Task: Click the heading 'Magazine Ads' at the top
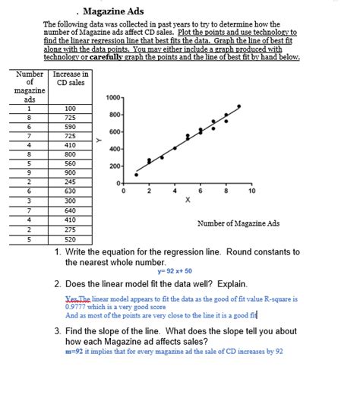[x=113, y=11]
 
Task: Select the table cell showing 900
[x=70, y=172]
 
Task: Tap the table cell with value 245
[x=70, y=182]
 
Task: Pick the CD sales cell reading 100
[x=70, y=109]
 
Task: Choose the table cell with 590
[x=70, y=126]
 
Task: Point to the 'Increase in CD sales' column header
[x=70, y=78]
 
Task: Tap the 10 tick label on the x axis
[x=252, y=191]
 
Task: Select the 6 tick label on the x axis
[x=201, y=191]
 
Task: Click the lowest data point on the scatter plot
[x=137, y=175]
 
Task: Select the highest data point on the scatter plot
[x=239, y=106]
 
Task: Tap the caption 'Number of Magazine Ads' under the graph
[x=238, y=223]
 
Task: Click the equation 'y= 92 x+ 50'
[x=175, y=271]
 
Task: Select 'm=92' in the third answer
[x=74, y=352]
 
